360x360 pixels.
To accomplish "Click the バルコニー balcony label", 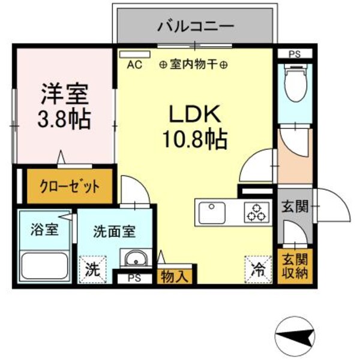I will (196, 26).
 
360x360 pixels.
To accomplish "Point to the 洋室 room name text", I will (65, 94).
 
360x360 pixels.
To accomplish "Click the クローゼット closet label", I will (70, 186).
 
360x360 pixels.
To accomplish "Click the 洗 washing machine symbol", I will (91, 268).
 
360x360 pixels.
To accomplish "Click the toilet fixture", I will (295, 84).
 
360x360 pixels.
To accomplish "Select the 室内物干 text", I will (193, 65).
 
